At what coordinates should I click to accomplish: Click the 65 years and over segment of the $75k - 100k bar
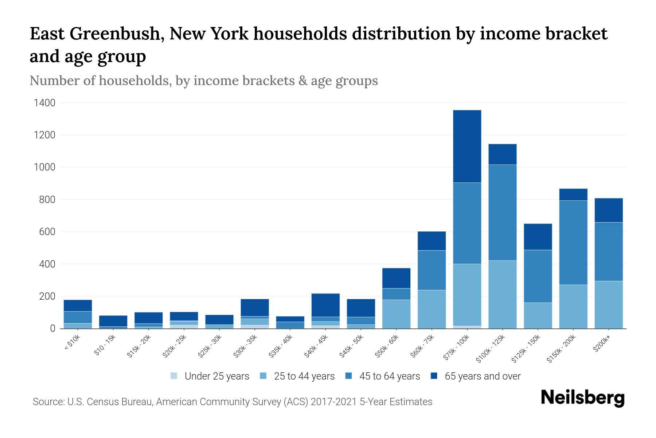467,146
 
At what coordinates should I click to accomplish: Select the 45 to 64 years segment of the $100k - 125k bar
502,212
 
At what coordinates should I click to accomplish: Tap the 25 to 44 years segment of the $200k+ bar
608,304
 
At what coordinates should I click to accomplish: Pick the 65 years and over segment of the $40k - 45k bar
325,305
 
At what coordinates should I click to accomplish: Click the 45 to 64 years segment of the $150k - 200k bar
573,242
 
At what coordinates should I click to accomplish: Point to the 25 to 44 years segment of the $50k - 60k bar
396,314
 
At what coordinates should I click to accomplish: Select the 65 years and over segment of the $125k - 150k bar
538,237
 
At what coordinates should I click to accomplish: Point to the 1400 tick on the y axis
44,103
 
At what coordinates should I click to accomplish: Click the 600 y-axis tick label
47,232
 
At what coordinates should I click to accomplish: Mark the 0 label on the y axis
52,328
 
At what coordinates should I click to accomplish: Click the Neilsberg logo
582,398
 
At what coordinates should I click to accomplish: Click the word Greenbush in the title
117,34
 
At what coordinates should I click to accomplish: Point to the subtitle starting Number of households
203,81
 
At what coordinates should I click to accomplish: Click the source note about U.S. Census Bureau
232,402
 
